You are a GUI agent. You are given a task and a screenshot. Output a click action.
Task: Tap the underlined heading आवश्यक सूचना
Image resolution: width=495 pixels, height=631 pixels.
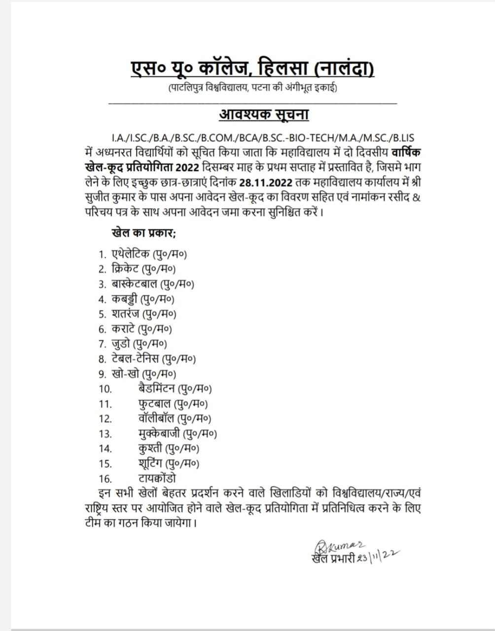pyautogui.click(x=264, y=114)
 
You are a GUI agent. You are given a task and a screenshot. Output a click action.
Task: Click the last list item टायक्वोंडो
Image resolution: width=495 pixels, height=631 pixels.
pyautogui.click(x=157, y=478)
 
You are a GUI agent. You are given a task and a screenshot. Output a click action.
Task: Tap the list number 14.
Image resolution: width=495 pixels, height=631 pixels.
pyautogui.click(x=105, y=449)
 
